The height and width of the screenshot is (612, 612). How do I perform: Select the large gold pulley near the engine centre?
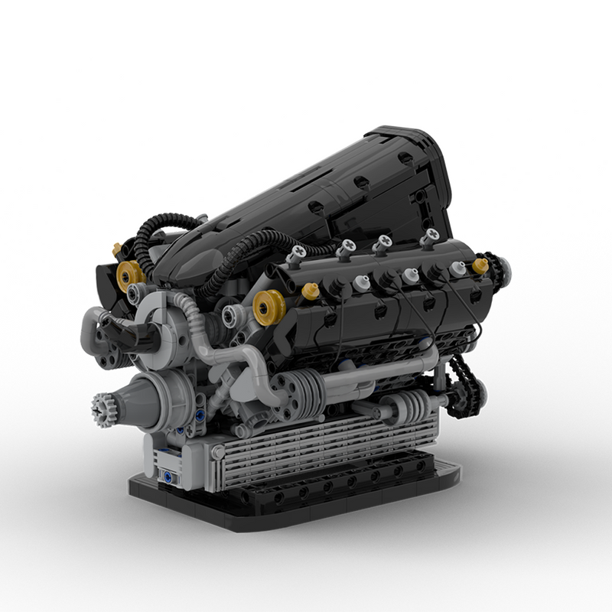pos(270,307)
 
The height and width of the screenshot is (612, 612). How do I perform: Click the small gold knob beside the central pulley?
pos(311,291)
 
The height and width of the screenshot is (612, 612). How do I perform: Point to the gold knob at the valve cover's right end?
pos(480,265)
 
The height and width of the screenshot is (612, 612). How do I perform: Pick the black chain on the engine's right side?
pos(463,386)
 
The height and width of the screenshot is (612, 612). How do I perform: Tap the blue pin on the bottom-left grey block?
pos(164,476)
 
